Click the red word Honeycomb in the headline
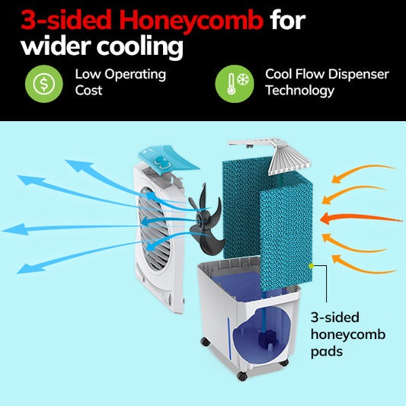(191, 21)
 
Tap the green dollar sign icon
(44, 84)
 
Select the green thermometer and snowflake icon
(235, 84)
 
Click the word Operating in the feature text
(135, 75)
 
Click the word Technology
(300, 91)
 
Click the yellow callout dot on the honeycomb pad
(312, 266)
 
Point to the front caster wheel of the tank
(242, 376)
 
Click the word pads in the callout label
(327, 352)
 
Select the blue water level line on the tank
(229, 339)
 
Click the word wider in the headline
(56, 46)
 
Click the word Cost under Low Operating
(88, 91)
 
